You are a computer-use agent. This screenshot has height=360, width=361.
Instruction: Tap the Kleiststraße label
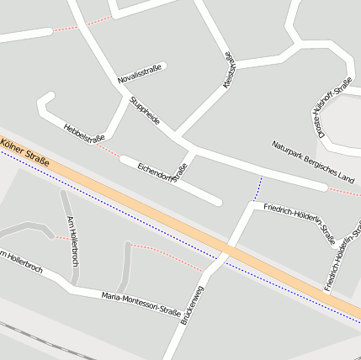click(x=229, y=71)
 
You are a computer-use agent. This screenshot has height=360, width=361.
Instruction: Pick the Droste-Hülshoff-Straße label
click(x=333, y=107)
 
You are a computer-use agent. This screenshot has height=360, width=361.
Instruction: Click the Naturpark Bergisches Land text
click(x=313, y=161)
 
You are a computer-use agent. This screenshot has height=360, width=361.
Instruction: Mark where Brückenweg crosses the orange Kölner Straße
click(x=225, y=251)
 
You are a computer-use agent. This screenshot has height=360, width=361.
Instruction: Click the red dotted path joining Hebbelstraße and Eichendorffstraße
click(x=108, y=151)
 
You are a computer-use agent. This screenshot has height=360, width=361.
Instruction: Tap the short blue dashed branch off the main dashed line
click(x=259, y=188)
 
